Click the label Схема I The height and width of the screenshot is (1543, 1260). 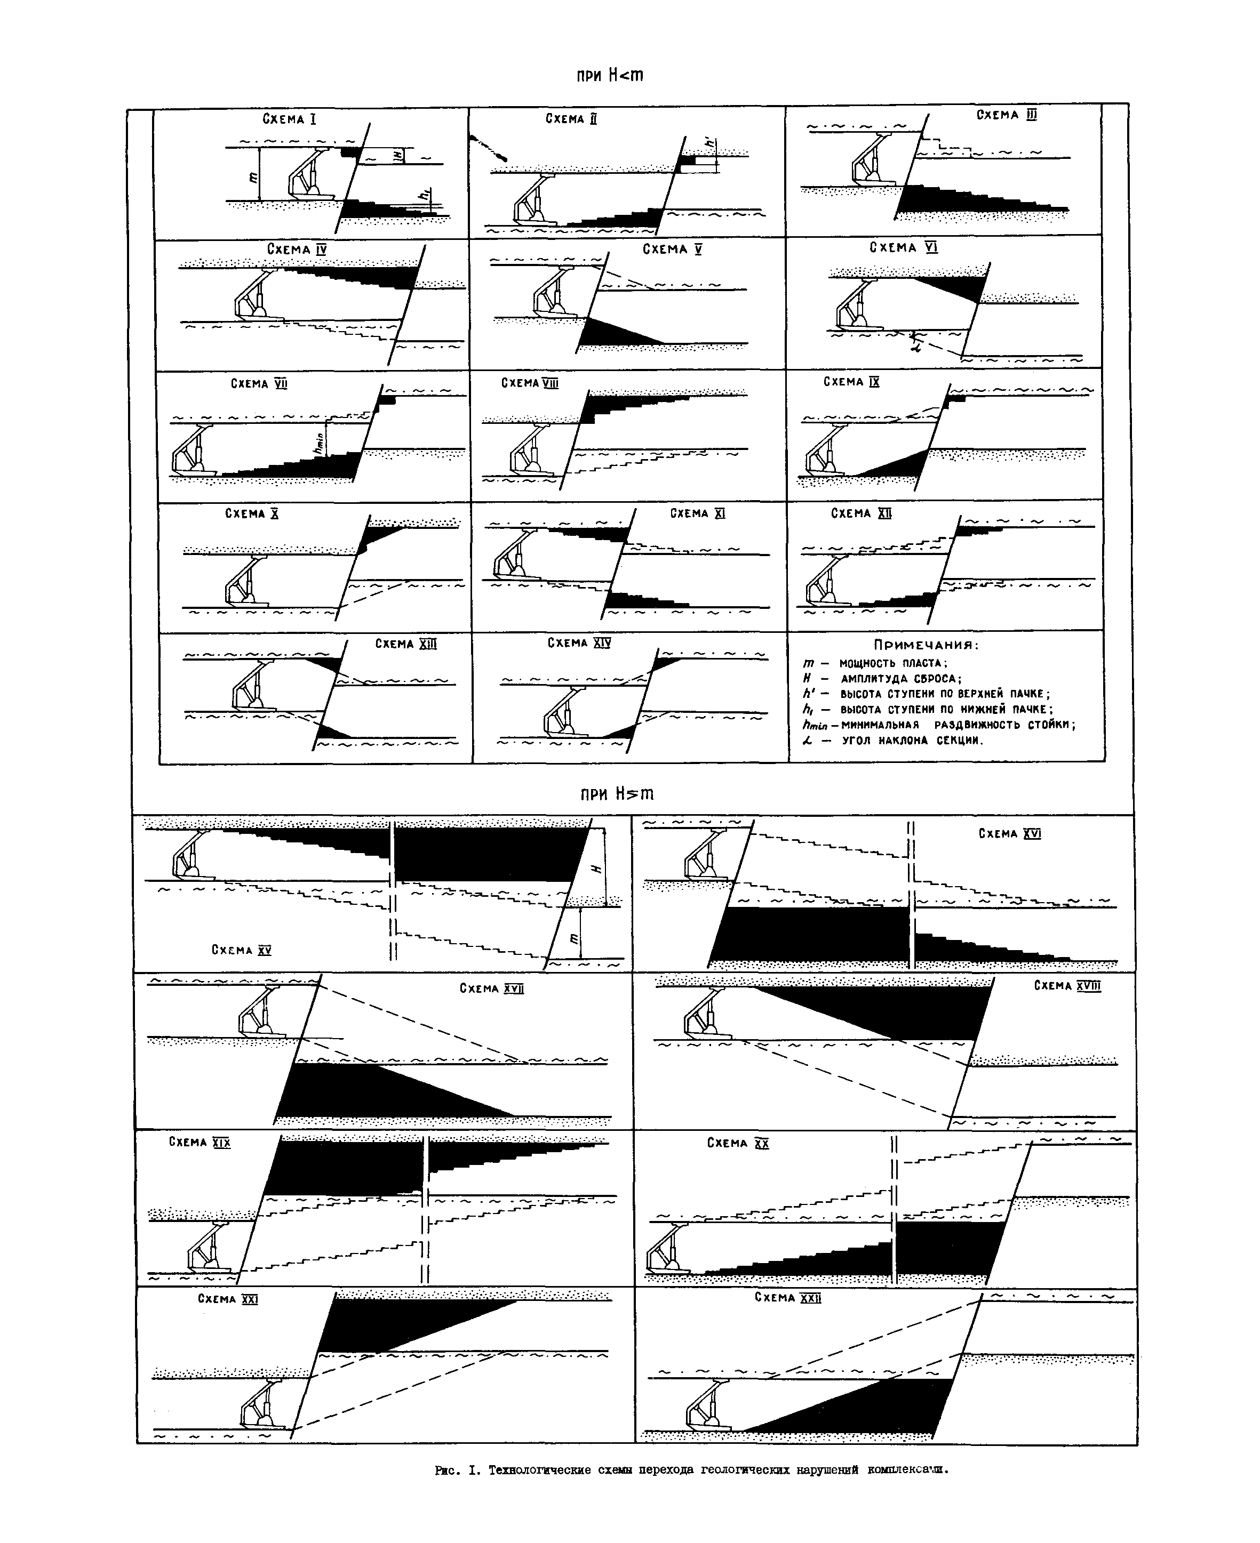[289, 119]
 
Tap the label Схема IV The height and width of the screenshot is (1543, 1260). [297, 250]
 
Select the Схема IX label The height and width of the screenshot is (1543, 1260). [851, 382]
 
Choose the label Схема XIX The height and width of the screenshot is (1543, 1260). [200, 1142]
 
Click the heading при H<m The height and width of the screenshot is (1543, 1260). [610, 76]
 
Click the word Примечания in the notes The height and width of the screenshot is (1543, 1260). [926, 645]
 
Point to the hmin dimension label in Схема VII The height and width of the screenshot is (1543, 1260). [317, 443]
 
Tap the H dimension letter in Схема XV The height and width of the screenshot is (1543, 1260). [597, 867]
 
